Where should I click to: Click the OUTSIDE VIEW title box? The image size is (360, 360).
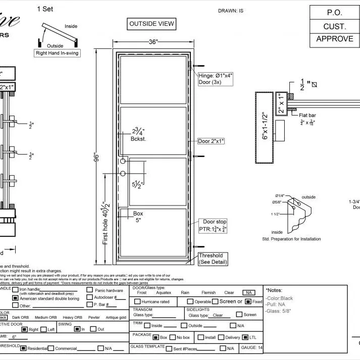(151, 24)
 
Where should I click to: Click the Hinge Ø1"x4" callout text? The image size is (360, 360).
(215, 78)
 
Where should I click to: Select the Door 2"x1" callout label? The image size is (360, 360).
(211, 141)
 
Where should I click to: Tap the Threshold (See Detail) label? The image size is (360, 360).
(211, 259)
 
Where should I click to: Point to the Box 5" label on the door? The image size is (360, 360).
(138, 217)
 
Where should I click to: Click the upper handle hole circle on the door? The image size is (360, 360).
(123, 161)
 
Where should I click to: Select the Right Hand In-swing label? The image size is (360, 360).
(58, 53)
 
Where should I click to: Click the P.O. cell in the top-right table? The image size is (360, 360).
(335, 13)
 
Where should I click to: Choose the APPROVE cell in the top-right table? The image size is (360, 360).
(335, 39)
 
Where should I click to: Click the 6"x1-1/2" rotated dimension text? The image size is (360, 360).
(264, 127)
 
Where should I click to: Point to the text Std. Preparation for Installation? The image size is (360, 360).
(291, 238)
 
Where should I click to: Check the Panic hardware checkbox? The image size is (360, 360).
(89, 290)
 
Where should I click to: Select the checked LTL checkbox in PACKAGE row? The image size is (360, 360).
(245, 337)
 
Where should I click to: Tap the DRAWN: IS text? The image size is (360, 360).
(231, 11)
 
